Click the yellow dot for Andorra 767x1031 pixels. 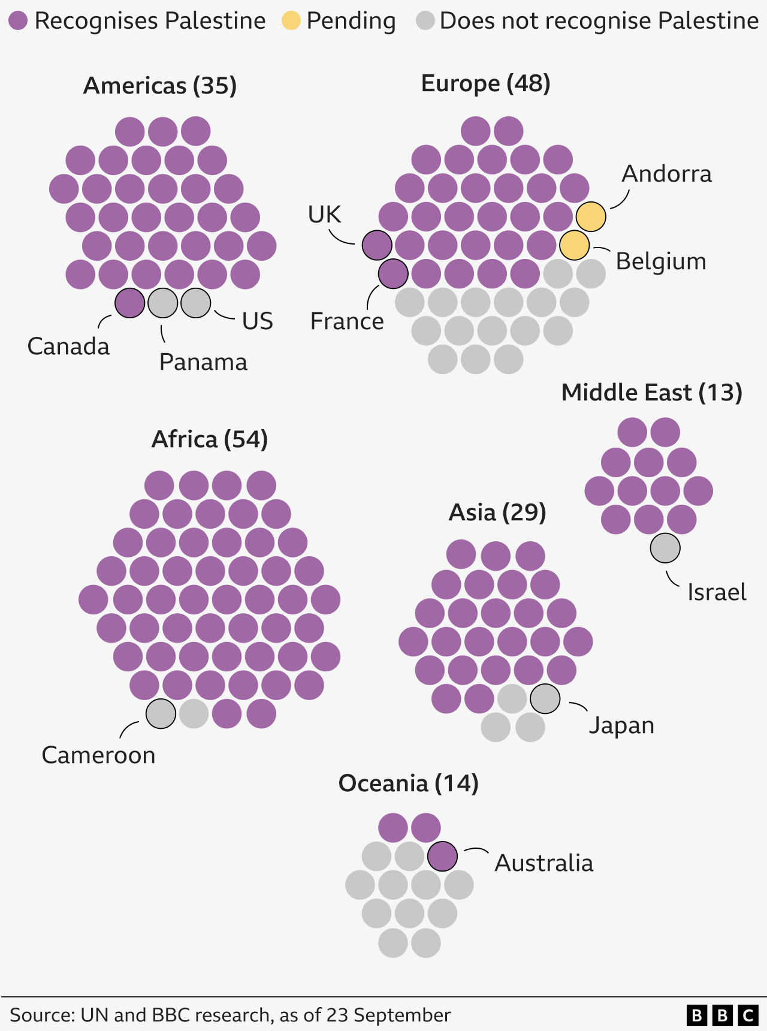(x=591, y=216)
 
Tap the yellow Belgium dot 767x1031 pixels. (x=574, y=245)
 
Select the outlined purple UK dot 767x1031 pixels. (x=377, y=245)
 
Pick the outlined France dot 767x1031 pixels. (x=393, y=274)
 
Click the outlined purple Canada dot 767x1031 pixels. (x=129, y=303)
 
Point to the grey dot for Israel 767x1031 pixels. (x=665, y=548)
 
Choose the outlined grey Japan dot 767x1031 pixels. (x=545, y=698)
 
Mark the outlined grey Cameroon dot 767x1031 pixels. (x=161, y=713)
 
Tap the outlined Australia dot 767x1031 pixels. (x=442, y=856)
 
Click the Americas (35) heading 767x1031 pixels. (x=160, y=86)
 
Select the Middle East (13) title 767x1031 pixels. (x=651, y=393)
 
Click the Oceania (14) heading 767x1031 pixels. (x=408, y=783)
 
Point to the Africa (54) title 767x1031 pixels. (x=209, y=439)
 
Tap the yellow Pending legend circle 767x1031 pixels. (x=291, y=21)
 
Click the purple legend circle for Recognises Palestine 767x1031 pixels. (x=18, y=21)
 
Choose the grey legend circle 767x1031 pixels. (x=425, y=21)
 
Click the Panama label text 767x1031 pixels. (x=203, y=362)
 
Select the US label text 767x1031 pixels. (x=258, y=321)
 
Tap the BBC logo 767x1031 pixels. (x=722, y=1015)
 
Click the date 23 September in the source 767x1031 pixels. (x=388, y=1015)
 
